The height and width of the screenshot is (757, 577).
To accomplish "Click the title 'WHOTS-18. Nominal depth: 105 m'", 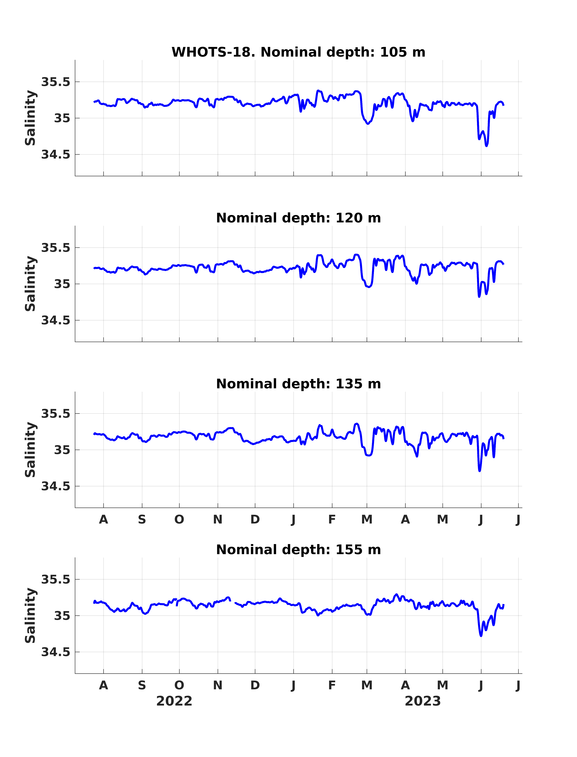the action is (x=298, y=52).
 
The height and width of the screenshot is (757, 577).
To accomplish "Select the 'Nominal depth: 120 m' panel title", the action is (x=298, y=218).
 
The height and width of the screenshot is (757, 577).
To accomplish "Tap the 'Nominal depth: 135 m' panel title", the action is (x=298, y=384).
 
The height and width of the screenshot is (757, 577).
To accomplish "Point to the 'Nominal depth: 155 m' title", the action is (x=298, y=550).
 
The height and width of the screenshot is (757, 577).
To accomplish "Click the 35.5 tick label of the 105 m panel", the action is (x=56, y=82).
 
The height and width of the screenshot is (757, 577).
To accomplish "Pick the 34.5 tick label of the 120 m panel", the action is (x=56, y=320).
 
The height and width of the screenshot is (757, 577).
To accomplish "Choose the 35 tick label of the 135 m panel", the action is (x=62, y=450).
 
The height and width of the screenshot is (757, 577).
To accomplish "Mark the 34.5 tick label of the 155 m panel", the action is (x=56, y=652).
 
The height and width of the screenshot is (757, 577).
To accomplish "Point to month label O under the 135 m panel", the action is (x=179, y=519).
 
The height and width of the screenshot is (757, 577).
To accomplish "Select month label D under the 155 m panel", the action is (x=255, y=685).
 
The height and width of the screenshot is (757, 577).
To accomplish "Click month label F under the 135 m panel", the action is (x=332, y=519).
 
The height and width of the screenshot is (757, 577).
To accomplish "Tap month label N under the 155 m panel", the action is (x=218, y=685).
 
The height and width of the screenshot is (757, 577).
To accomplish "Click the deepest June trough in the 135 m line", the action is (x=479, y=471).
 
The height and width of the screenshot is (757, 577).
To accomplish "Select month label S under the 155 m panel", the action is (x=142, y=685).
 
